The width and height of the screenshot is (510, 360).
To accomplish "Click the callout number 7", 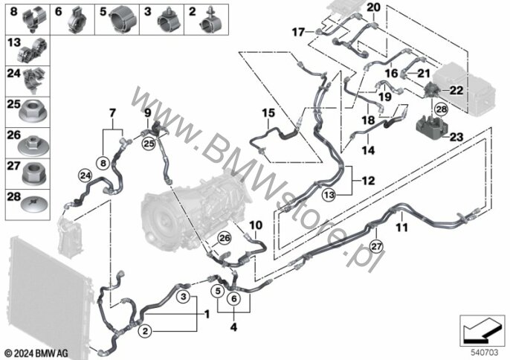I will [112, 112].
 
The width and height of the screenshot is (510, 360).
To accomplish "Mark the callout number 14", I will [366, 150].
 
